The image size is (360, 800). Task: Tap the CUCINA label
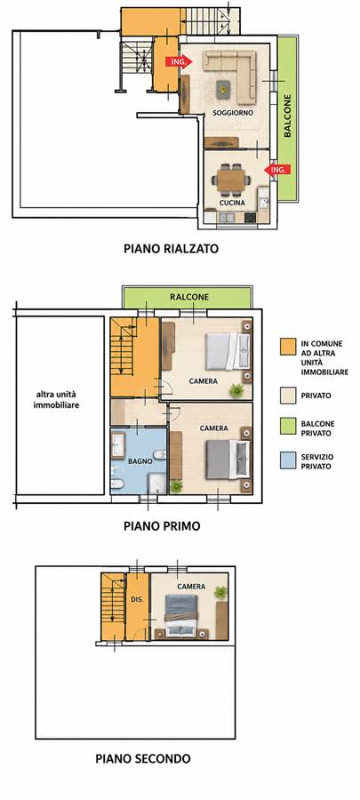[232, 203]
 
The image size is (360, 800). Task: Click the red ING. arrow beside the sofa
[179, 61]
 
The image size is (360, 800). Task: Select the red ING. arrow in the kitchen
[277, 170]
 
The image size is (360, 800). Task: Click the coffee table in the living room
[223, 90]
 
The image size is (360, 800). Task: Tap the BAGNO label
[140, 460]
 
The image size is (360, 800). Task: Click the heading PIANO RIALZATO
[172, 249]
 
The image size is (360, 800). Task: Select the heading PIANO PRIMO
[162, 526]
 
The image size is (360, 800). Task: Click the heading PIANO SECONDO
[143, 759]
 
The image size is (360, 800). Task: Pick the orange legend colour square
[288, 347]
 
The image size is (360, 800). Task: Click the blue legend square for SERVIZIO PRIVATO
[288, 460]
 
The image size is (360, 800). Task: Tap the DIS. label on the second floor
[137, 600]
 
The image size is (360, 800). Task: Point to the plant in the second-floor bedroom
[220, 592]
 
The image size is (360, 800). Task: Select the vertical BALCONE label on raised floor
[288, 116]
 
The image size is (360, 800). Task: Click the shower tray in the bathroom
[157, 484]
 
